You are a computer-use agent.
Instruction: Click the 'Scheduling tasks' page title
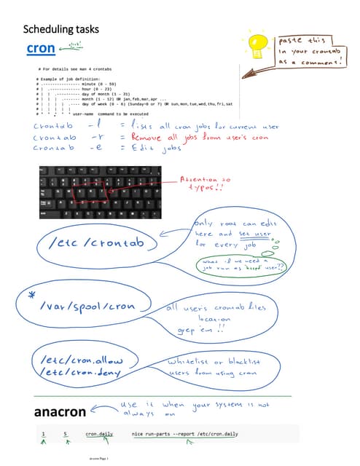[60, 30]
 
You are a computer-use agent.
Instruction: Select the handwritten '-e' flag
[94, 148]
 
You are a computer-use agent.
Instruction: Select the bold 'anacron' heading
[60, 413]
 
